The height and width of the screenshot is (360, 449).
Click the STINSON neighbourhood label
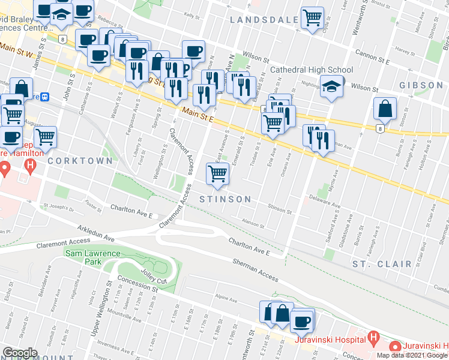click(x=224, y=199)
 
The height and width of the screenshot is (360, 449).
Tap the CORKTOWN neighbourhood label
click(x=80, y=161)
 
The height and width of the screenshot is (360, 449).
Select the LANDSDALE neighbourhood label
click(x=264, y=20)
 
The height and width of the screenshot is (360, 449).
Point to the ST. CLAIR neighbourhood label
click(x=382, y=263)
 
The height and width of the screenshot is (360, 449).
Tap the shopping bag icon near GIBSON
click(x=384, y=109)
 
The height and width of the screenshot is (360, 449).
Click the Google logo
click(x=20, y=353)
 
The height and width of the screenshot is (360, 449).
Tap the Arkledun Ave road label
click(x=95, y=233)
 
